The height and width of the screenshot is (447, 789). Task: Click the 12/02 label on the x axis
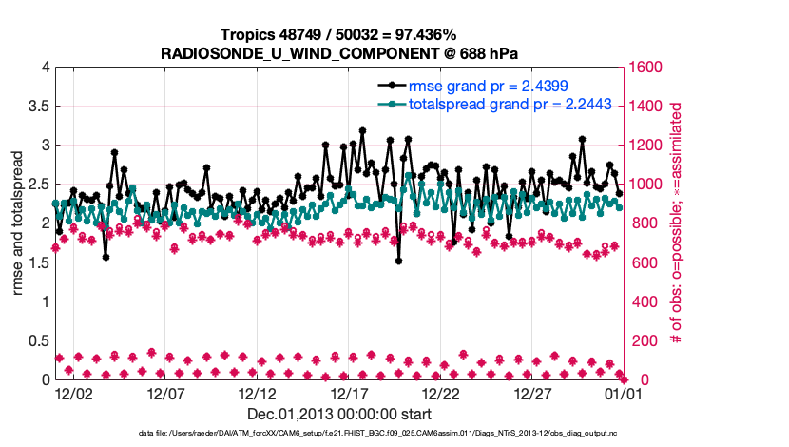click(x=73, y=393)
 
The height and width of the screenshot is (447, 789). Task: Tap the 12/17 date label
click(x=349, y=393)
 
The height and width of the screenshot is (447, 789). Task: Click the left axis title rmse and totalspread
click(x=17, y=223)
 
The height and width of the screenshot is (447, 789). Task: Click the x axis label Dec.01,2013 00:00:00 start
click(x=338, y=415)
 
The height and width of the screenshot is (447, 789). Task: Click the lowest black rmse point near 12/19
click(x=399, y=261)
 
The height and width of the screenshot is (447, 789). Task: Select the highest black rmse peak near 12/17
click(x=362, y=131)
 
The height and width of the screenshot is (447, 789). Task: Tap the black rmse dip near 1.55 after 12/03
click(x=106, y=257)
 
